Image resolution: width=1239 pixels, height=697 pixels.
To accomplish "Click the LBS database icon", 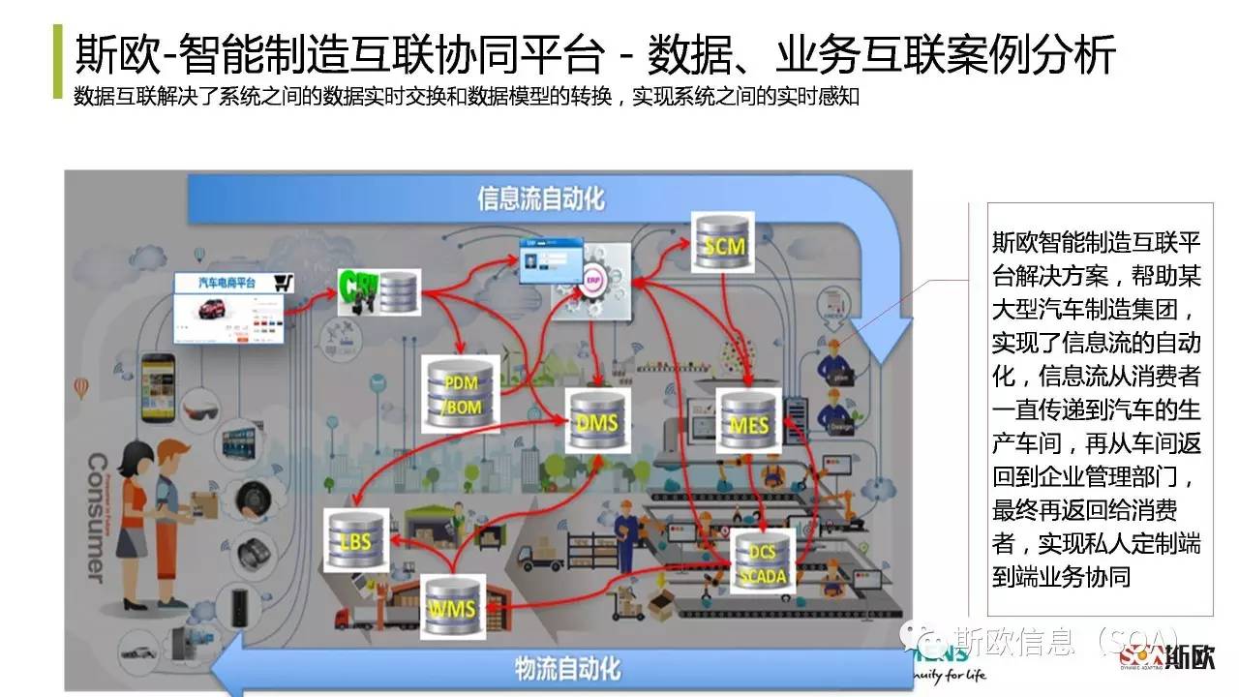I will (x=355, y=538).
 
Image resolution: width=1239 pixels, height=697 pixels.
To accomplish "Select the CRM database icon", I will (x=378, y=290).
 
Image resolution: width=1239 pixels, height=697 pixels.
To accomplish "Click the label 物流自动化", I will (x=567, y=667).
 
